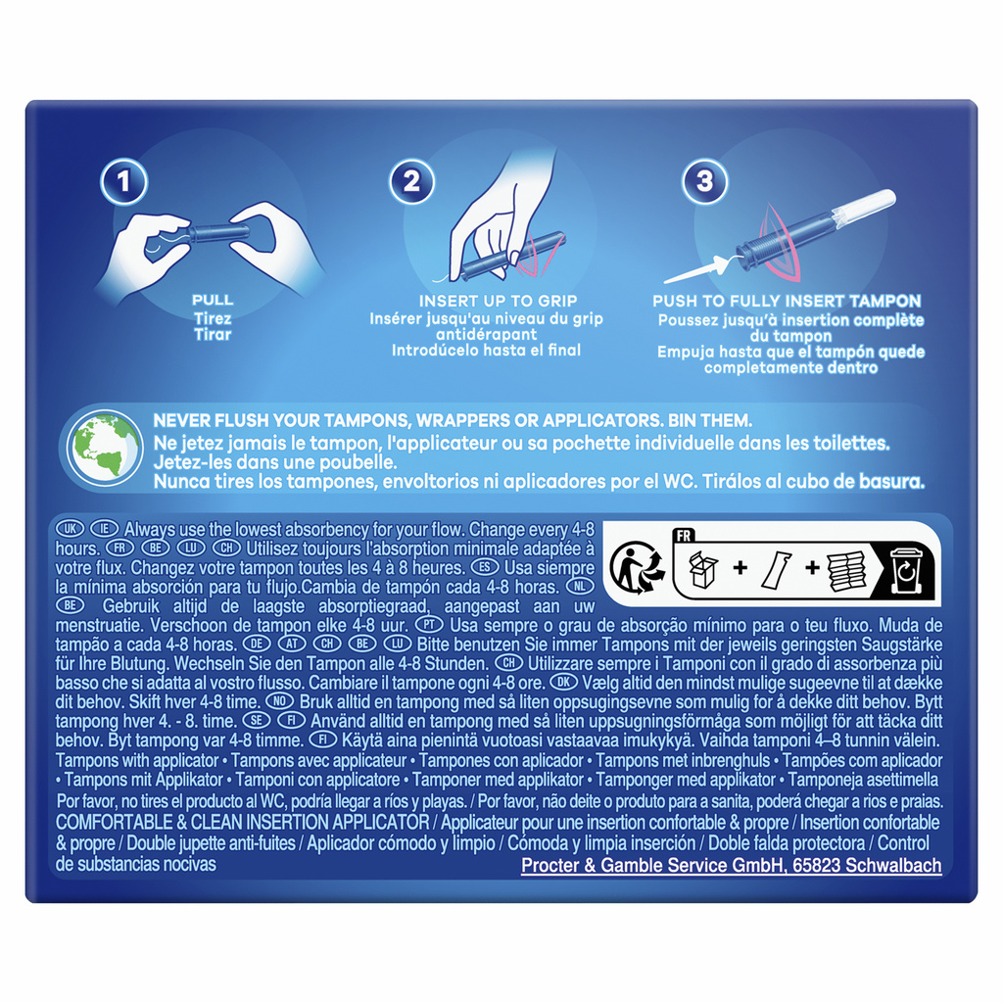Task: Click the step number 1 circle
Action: [124, 181]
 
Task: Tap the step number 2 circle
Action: [412, 181]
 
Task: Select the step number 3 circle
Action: [705, 181]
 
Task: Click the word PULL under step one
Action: [213, 300]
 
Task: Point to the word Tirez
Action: [213, 318]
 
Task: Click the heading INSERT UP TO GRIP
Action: [498, 302]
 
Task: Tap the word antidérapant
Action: [487, 335]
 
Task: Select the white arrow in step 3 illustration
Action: [696, 269]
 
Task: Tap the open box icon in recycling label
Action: [702, 568]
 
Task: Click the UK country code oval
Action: [71, 529]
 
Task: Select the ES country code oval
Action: [484, 567]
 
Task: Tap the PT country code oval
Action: [429, 624]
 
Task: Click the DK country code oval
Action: [563, 682]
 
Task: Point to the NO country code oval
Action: [279, 701]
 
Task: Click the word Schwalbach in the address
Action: [893, 866]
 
